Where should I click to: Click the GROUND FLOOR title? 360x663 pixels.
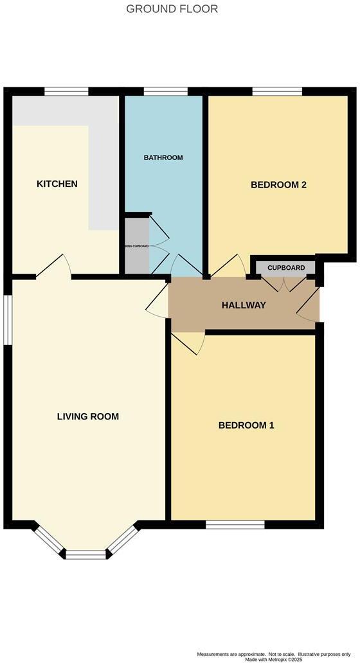172,9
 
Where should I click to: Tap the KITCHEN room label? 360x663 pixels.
57,184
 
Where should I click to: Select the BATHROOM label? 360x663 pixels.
163,157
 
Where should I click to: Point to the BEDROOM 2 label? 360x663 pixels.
278,185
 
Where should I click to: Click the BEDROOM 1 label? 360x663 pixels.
246,425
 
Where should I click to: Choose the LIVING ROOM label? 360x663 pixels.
87,416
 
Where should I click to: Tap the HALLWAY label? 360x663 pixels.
244,305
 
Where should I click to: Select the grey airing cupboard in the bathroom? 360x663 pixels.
136,246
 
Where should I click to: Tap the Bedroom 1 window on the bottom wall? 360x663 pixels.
235,525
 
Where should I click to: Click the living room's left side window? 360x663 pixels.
8,321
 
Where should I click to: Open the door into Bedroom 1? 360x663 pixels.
189,341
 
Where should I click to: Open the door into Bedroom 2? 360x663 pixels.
228,267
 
